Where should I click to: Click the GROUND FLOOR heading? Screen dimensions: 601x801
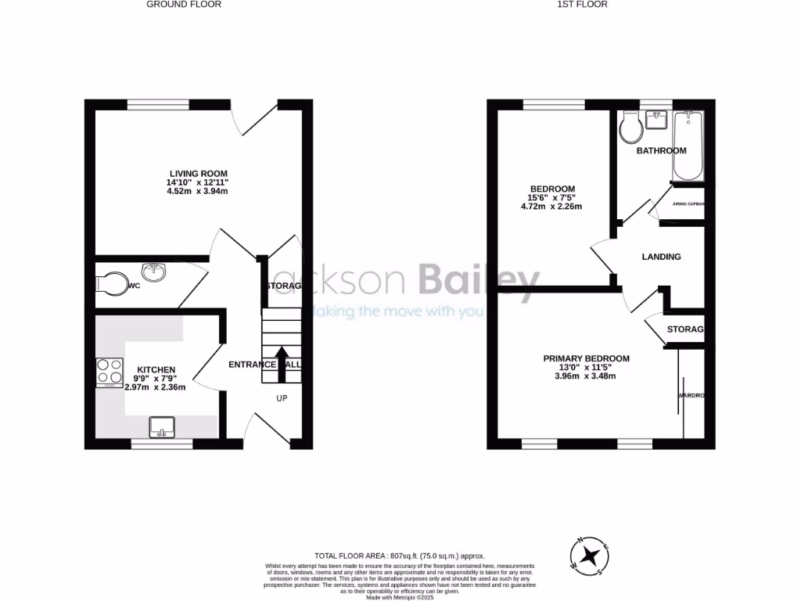coord(185,4)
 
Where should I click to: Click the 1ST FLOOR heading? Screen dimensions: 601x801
coord(583,4)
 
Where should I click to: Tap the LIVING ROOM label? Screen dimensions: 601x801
coord(199,174)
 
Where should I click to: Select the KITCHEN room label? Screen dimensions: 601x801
coord(156,369)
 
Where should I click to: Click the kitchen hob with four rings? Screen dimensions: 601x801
coord(110,373)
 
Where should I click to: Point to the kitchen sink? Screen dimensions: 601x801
coord(163,427)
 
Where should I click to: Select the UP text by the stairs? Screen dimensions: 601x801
coord(282,398)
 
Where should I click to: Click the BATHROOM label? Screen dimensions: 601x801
coord(661,150)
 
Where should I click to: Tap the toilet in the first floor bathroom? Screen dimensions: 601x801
coord(629,128)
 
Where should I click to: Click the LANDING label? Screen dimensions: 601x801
coord(661,257)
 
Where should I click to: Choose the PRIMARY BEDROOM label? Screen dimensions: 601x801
coord(586,359)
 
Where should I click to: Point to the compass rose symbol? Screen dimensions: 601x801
coord(592,556)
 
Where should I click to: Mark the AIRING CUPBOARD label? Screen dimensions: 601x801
coord(688,204)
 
